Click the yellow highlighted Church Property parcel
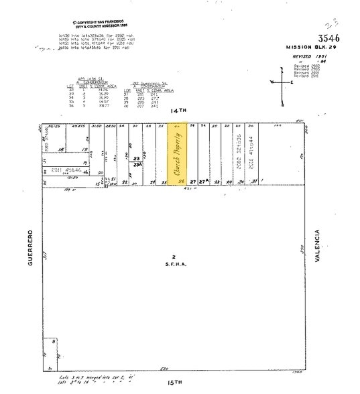pos(178,154)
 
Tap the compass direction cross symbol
pos(282,82)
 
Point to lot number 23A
pos(137,164)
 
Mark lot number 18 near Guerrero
pos(61,149)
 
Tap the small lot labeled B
pos(53,341)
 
